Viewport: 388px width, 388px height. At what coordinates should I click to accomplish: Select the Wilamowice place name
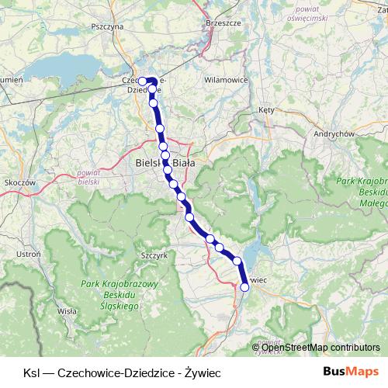(x=225, y=79)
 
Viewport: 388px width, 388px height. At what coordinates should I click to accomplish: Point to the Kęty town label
(x=266, y=110)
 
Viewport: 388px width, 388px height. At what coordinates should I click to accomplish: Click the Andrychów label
(x=334, y=133)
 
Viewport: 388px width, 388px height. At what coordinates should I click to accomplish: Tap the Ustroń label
(x=28, y=254)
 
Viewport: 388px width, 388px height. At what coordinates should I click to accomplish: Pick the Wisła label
(x=68, y=310)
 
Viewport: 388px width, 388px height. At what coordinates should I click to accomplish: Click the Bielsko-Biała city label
(x=165, y=164)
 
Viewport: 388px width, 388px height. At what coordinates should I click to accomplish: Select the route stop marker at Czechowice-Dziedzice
(x=142, y=81)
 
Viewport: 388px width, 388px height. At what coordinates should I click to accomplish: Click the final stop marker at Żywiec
(x=245, y=287)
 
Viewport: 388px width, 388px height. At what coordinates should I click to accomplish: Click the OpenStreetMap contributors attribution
(x=319, y=348)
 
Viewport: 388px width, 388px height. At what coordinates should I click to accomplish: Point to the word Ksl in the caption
(x=32, y=371)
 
